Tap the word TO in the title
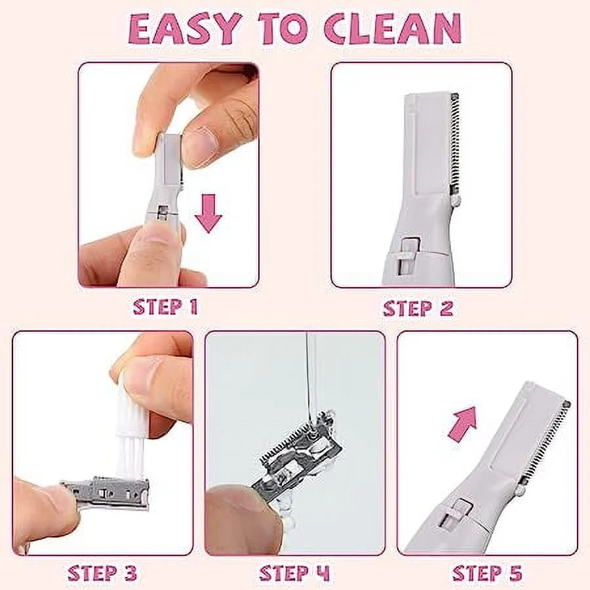(x=282, y=29)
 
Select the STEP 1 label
(x=165, y=307)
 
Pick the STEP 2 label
(x=418, y=308)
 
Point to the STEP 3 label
(x=102, y=573)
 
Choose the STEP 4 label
(x=294, y=573)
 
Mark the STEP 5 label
(x=487, y=573)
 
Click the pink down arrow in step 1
(x=208, y=213)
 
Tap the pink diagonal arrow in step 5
(x=462, y=422)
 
